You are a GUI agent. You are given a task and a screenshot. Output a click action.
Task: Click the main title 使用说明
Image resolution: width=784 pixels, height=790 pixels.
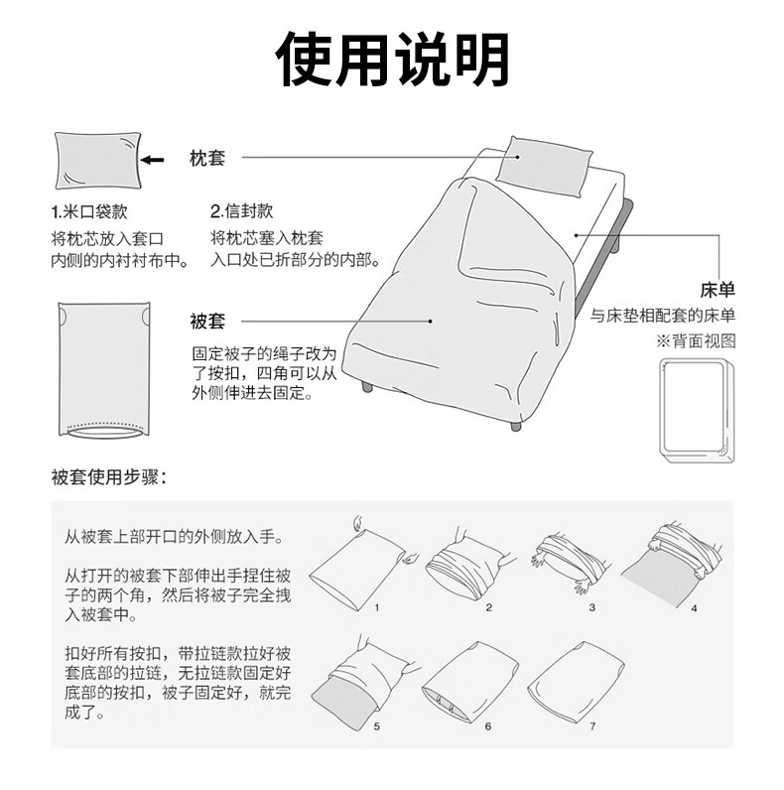click(x=392, y=60)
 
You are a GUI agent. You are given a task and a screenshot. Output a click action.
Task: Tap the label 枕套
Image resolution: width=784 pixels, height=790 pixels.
click(x=207, y=158)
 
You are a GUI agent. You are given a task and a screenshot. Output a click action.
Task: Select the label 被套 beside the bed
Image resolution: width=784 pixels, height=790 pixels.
click(x=207, y=321)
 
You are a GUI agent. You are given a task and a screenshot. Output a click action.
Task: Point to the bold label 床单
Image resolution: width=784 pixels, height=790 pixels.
click(x=718, y=290)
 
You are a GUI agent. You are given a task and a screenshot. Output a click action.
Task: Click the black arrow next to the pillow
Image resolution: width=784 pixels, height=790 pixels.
click(x=153, y=160)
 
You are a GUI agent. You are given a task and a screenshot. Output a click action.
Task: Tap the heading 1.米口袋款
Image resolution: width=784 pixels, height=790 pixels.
click(x=89, y=211)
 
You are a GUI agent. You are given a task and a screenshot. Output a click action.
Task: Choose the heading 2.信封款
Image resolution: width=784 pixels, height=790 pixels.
click(x=242, y=210)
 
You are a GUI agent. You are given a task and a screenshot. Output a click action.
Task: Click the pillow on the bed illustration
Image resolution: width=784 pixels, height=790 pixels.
click(x=544, y=167)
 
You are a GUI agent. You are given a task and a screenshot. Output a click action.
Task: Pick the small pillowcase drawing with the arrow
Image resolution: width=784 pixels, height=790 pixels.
click(x=97, y=161)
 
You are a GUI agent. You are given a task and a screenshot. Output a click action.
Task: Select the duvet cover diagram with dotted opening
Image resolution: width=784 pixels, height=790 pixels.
click(x=104, y=370)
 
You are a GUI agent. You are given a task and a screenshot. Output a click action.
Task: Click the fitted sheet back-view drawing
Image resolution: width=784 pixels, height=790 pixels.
click(x=697, y=411)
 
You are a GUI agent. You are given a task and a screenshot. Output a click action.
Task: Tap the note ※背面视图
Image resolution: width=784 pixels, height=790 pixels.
click(x=696, y=341)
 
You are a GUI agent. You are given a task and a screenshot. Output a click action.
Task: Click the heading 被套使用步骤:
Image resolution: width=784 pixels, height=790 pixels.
click(x=109, y=476)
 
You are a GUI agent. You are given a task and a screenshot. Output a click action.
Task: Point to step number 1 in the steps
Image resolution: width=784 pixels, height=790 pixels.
click(x=376, y=607)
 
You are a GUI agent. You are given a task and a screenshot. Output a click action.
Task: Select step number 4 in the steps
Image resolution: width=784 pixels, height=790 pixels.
click(x=694, y=608)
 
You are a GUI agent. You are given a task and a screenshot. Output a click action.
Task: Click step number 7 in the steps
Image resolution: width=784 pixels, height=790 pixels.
click(x=593, y=726)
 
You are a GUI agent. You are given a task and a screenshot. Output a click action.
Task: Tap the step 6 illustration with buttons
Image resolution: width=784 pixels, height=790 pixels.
click(x=470, y=682)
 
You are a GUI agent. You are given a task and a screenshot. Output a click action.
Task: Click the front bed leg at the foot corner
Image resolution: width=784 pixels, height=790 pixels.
click(x=515, y=426)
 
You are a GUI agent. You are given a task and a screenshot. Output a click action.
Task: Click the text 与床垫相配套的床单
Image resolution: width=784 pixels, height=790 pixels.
click(x=663, y=316)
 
